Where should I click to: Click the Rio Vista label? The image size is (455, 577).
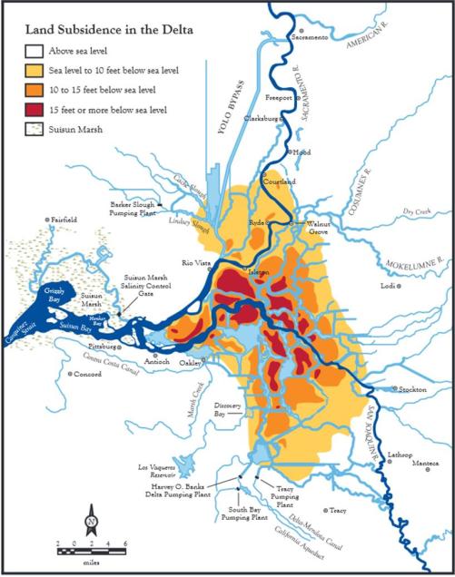198,263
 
